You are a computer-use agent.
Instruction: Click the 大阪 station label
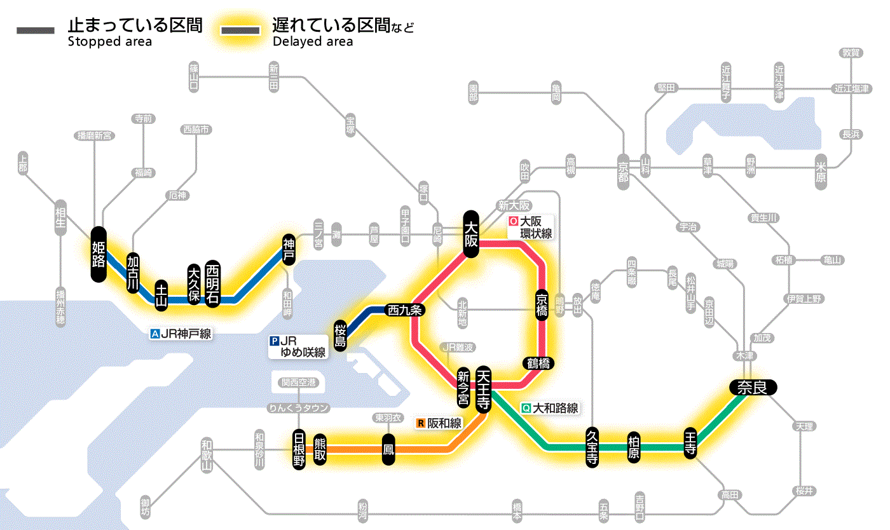[471, 234]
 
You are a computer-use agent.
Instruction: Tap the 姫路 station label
[99, 254]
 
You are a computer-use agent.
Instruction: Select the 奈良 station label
[753, 387]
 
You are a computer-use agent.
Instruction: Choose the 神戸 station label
[289, 250]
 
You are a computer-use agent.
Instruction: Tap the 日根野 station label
[299, 449]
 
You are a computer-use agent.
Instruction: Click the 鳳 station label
[388, 449]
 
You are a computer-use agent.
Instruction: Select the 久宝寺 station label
[592, 448]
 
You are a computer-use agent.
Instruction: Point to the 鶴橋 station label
[538, 364]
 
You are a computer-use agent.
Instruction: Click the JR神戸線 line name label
[181, 333]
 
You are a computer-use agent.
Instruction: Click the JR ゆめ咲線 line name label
[299, 346]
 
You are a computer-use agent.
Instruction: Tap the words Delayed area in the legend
[312, 42]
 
